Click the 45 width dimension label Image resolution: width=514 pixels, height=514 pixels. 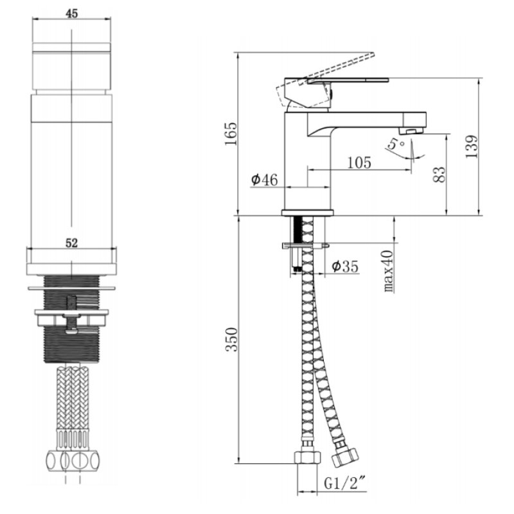click(x=72, y=13)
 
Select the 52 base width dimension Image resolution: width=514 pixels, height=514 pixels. click(x=72, y=243)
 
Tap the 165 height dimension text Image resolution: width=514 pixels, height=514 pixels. click(x=231, y=134)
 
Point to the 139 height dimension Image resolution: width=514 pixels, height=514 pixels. click(x=472, y=146)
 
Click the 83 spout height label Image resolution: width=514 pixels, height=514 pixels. click(x=439, y=175)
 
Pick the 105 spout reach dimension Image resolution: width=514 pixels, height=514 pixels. click(x=359, y=163)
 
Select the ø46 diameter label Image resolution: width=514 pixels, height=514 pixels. click(x=264, y=180)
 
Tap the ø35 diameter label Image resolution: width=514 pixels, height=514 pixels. click(x=345, y=267)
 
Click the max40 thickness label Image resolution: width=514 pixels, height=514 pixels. click(x=389, y=270)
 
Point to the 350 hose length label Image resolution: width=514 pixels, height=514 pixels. click(x=231, y=339)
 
